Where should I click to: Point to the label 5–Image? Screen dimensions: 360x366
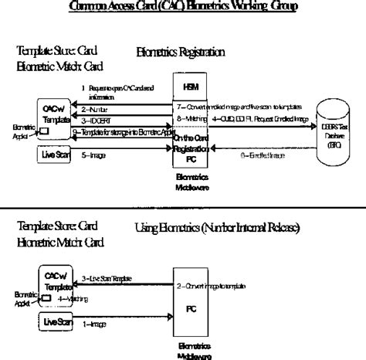(x=95, y=155)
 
